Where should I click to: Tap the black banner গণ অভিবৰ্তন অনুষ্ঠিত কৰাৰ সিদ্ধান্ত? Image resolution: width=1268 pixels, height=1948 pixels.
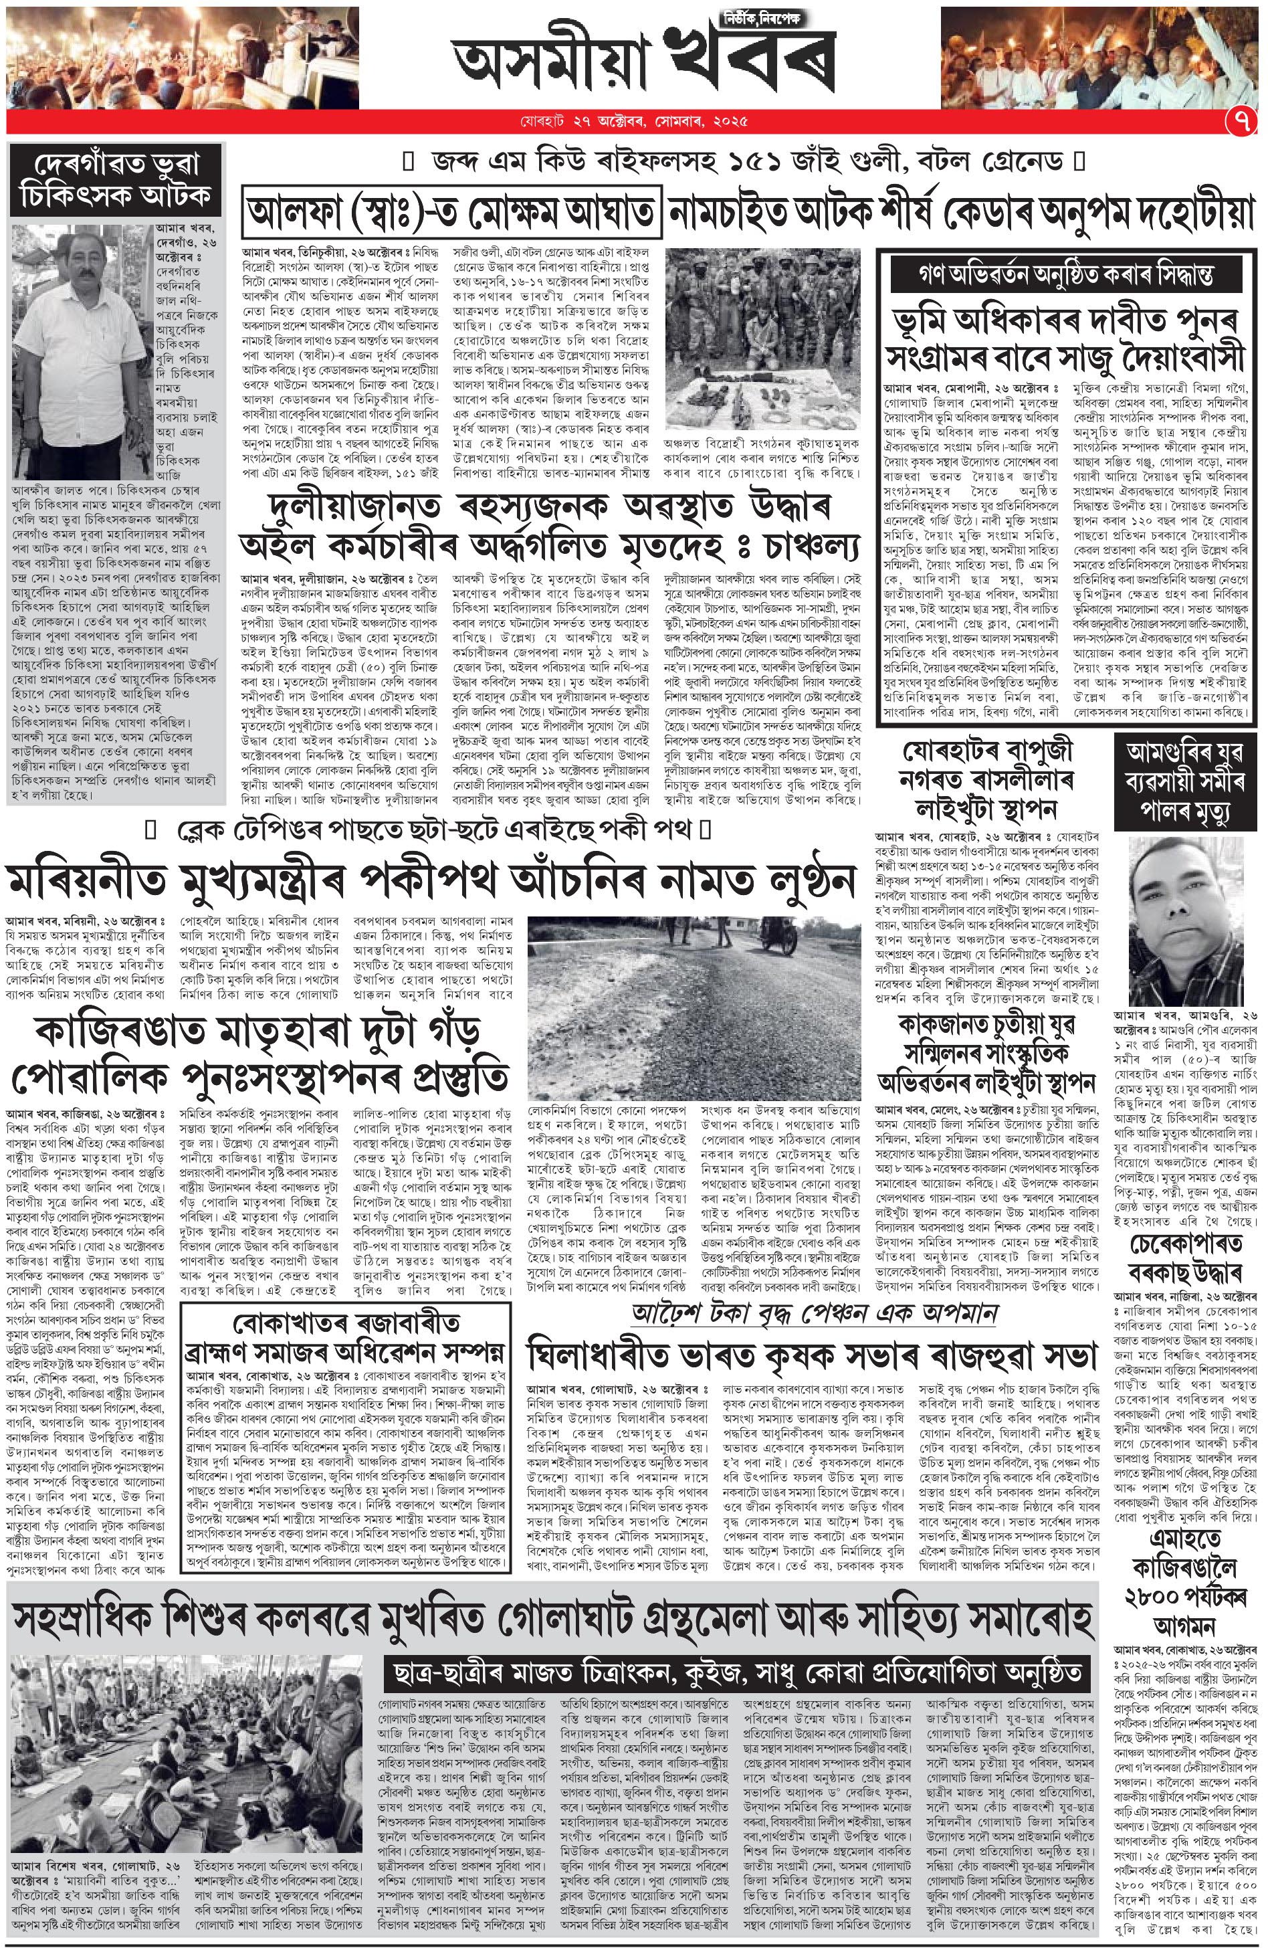(1067, 270)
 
